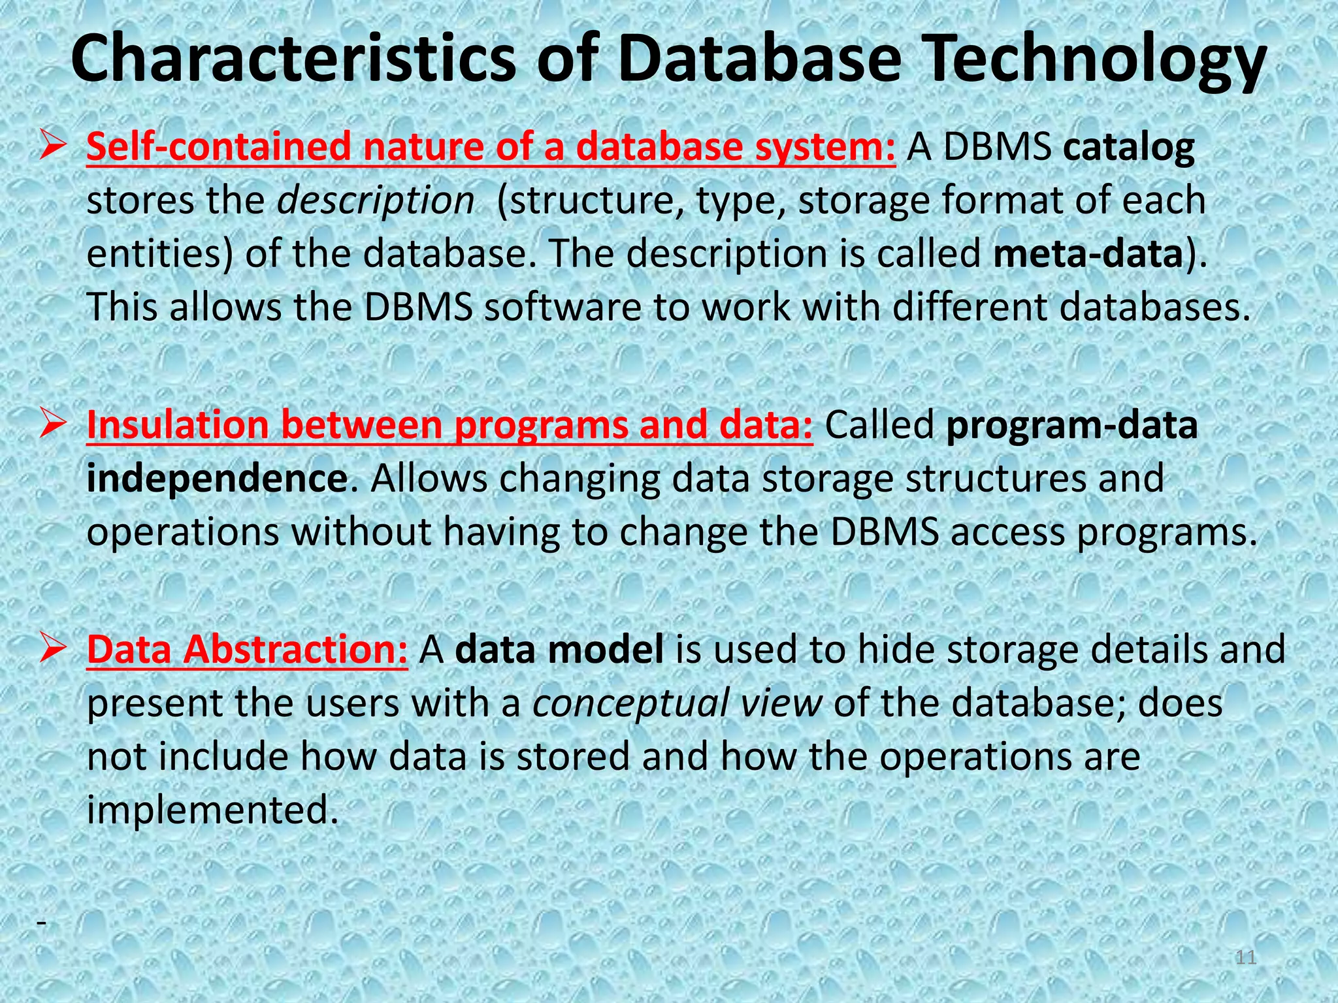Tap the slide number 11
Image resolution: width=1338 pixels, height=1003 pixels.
tap(1247, 958)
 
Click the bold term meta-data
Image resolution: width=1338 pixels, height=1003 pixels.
tap(1088, 253)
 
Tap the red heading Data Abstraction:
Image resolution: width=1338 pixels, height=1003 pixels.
tap(247, 650)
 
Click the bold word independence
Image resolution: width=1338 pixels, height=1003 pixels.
tap(217, 479)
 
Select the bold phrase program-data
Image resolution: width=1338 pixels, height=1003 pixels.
tap(1071, 425)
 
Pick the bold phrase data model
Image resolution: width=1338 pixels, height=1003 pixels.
tap(559, 650)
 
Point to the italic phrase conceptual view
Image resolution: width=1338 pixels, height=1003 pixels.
tap(677, 703)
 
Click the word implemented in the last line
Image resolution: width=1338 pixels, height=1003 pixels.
tap(213, 810)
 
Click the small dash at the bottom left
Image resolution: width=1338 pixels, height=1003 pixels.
tap(42, 922)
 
